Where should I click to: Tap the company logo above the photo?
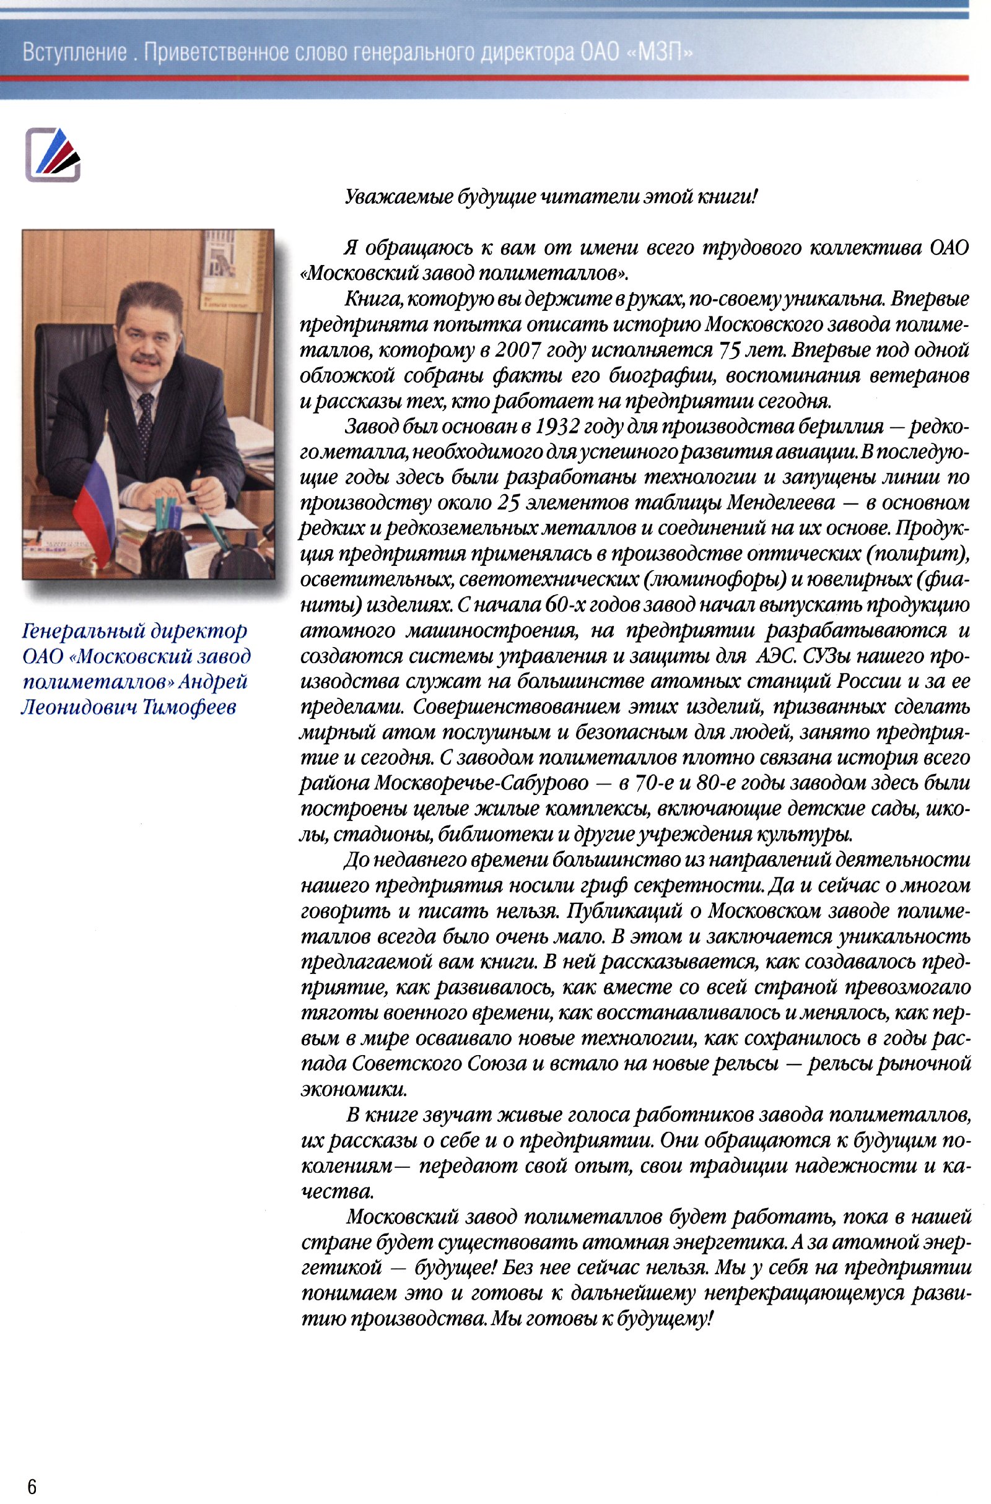[53, 155]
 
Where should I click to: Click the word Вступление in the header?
[75, 52]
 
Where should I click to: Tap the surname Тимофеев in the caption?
[190, 707]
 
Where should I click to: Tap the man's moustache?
[146, 359]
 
